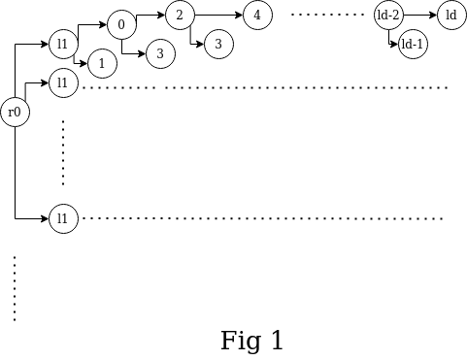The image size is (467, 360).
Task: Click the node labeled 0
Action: click(121, 25)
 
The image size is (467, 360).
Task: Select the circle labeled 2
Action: click(180, 16)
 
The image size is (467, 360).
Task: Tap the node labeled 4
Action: click(257, 16)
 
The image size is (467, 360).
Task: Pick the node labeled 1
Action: click(102, 64)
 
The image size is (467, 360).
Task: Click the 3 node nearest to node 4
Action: click(218, 45)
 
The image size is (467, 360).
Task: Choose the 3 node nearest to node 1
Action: click(160, 54)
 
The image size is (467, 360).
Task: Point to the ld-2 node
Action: click(388, 16)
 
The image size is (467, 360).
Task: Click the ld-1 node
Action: click(413, 45)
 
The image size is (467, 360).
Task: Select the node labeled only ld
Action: click(451, 16)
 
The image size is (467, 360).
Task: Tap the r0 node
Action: click(15, 113)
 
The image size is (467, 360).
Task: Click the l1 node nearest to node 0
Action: click(63, 45)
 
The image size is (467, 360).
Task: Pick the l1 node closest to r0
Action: click(63, 83)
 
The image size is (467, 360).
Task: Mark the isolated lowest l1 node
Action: click(63, 219)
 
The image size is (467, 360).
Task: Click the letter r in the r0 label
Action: click(11, 114)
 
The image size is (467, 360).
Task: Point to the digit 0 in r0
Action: click(17, 113)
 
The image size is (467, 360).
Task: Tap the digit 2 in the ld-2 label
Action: click(397, 16)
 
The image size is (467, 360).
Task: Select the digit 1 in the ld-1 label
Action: click(420, 45)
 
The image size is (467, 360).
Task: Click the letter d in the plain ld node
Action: click(453, 16)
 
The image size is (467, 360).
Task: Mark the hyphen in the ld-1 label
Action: click(415, 46)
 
